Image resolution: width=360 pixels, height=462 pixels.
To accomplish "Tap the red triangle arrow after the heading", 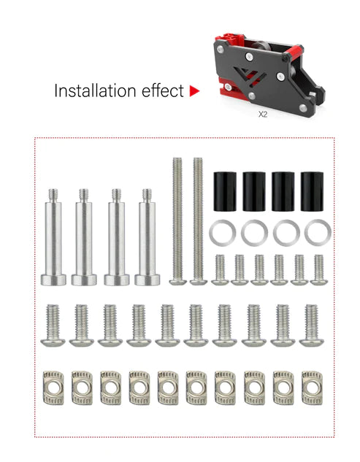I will (x=194, y=91).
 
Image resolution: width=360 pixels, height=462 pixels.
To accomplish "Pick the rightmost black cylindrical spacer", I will (x=312, y=192).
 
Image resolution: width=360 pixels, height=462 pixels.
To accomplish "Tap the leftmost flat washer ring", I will (x=222, y=234).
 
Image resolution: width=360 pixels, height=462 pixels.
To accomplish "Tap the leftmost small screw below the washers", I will (x=220, y=269).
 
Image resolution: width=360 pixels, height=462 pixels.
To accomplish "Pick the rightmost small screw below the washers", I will (x=319, y=269).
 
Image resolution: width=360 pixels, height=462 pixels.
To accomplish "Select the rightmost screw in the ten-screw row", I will (x=310, y=325).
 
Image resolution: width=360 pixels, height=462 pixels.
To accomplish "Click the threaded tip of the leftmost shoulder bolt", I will (x=54, y=196).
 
